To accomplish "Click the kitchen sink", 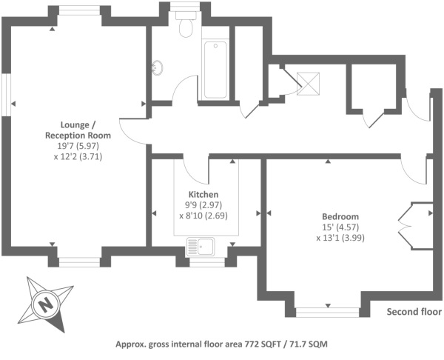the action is click(x=200, y=245).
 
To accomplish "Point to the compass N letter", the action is click(x=45, y=304).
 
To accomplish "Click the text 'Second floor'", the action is click(x=414, y=312).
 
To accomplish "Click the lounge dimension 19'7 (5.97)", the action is click(x=78, y=147).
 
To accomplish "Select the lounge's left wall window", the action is click(x=6, y=94).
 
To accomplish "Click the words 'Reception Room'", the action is click(x=78, y=136).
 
